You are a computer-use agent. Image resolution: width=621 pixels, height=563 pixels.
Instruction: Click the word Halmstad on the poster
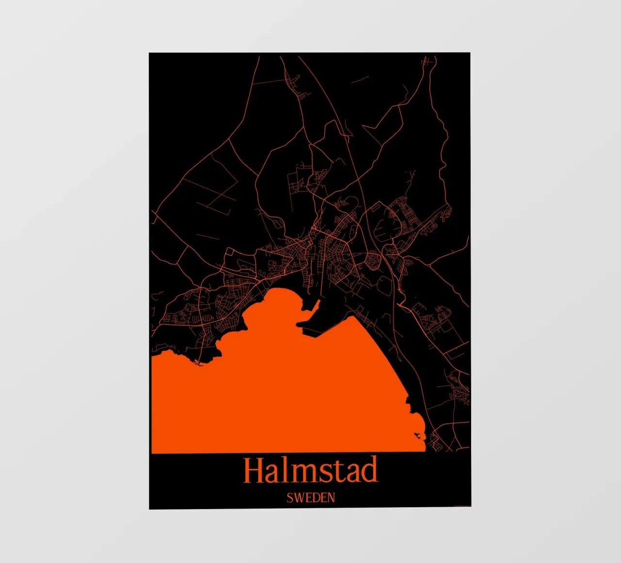coord(310,470)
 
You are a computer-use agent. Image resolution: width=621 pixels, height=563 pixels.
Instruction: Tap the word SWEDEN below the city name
coord(310,497)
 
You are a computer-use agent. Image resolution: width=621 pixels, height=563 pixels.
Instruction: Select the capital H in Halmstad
coord(254,470)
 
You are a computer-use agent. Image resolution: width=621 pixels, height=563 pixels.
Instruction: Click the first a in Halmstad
coord(273,474)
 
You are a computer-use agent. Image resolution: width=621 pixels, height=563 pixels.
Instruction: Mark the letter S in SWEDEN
coord(289,498)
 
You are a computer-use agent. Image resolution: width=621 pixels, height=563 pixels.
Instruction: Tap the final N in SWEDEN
coord(330,498)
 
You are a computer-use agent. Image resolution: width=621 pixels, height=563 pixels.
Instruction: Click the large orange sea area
coord(291,398)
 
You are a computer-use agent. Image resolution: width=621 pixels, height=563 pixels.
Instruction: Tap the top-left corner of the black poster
coord(150,53)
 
